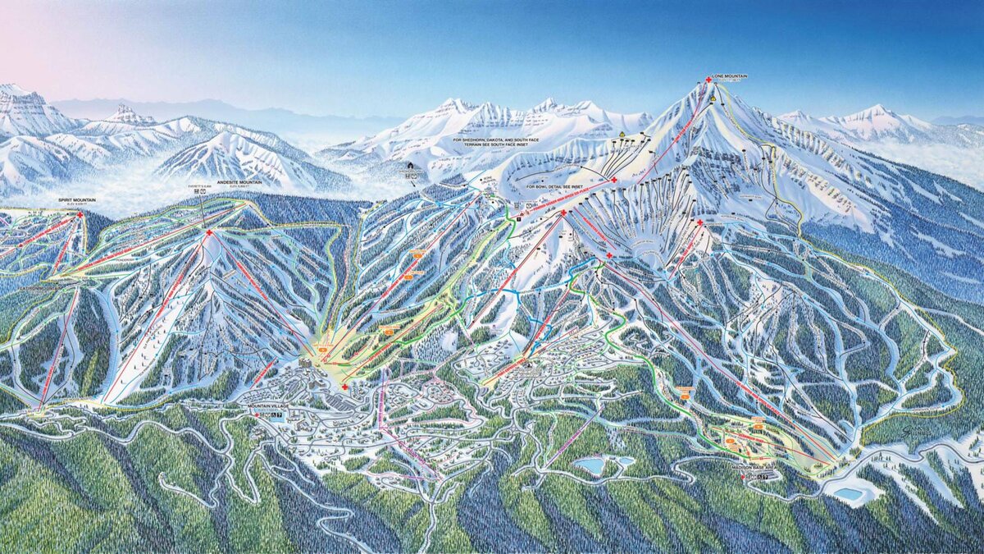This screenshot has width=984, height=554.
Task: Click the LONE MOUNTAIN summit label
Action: pyautogui.click(x=730, y=76)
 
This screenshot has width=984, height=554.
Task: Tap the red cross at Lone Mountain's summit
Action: pyautogui.click(x=708, y=80)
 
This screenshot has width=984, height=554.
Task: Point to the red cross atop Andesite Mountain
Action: pyautogui.click(x=209, y=233)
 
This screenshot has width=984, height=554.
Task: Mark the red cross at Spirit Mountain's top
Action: pyautogui.click(x=80, y=215)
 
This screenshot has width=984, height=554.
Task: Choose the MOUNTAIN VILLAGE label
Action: pyautogui.click(x=269, y=406)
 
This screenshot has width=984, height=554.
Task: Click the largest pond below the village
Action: pyautogui.click(x=590, y=466)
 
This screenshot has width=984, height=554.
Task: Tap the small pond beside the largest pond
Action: pyautogui.click(x=625, y=461)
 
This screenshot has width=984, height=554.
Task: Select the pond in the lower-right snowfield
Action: pyautogui.click(x=848, y=494)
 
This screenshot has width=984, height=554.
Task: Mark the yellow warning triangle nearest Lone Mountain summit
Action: pyautogui.click(x=713, y=98)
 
